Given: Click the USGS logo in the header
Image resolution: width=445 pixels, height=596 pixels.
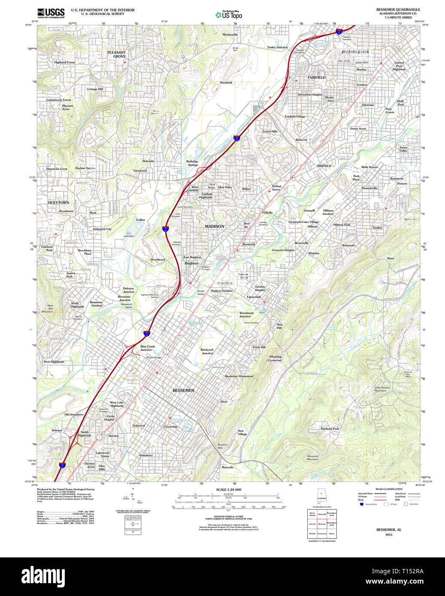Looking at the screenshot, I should coord(51,12).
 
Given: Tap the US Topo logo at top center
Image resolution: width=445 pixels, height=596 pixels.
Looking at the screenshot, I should coord(229,15).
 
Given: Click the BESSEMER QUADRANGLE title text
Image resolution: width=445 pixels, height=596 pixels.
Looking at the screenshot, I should coord(398,9).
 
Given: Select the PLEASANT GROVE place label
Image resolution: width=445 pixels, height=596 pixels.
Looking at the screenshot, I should coord(117,54).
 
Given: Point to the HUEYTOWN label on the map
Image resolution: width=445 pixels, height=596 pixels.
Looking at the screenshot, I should coord(58,202).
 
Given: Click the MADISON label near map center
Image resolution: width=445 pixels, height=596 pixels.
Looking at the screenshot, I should coord(214,226).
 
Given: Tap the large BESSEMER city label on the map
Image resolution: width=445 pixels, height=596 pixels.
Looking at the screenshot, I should coord(183,391).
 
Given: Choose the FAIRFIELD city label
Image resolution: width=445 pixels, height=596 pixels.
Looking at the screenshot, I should coord(316,78).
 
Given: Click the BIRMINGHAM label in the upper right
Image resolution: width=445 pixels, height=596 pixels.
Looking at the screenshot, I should coord(355,52).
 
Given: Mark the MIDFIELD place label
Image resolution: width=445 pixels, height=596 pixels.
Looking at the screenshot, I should coord(324,166).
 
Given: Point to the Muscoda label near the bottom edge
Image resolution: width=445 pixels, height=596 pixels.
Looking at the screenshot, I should coord(227,467).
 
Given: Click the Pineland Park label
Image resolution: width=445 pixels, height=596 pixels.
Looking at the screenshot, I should coord(330,429).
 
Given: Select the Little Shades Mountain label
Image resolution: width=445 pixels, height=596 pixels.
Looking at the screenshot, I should coord(382,389).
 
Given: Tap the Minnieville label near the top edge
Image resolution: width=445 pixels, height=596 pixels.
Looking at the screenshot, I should coord(230,35).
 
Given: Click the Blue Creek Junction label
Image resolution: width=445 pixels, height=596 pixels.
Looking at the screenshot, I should coord(147,348).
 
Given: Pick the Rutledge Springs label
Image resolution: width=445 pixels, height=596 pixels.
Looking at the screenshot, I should coord(192,163).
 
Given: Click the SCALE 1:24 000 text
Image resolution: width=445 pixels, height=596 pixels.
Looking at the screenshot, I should coord(228,490).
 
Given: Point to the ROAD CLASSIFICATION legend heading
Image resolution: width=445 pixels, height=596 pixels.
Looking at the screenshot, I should coord(389,489).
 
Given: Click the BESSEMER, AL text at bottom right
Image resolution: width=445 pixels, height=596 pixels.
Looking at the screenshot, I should coord(389,530).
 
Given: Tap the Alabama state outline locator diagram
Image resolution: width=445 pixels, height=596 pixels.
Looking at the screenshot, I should coord(321,497).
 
